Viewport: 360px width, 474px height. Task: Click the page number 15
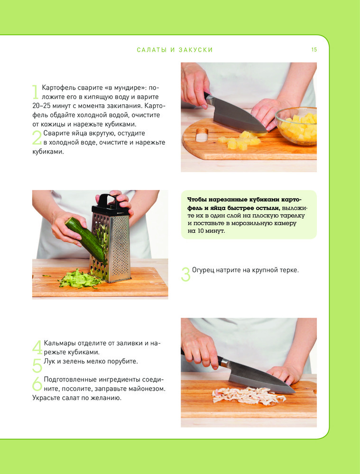(x=314, y=50)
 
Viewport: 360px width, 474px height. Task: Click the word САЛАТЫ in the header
(x=152, y=50)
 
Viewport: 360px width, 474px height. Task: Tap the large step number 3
(x=186, y=274)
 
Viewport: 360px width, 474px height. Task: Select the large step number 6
(x=37, y=383)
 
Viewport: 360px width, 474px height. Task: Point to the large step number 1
(x=36, y=92)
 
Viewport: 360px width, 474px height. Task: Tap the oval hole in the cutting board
(x=202, y=135)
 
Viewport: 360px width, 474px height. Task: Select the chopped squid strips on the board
(x=249, y=395)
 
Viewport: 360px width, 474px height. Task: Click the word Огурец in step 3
(x=203, y=270)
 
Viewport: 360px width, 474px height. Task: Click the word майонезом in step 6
(x=146, y=389)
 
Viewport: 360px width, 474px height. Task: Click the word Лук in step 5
(x=49, y=361)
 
